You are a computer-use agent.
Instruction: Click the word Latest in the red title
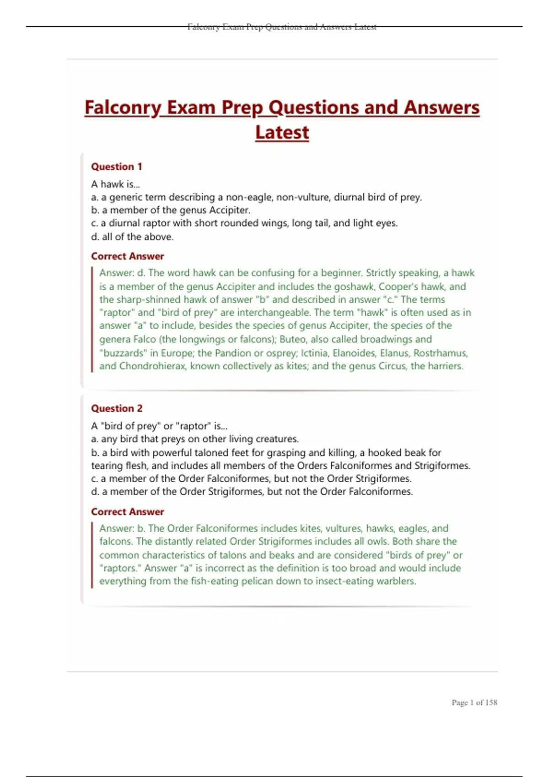tap(282, 133)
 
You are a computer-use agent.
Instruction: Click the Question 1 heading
tap(117, 166)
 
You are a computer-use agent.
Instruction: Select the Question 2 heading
tap(117, 408)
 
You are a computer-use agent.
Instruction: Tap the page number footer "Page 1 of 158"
tap(474, 702)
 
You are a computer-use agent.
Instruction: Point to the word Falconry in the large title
tap(123, 108)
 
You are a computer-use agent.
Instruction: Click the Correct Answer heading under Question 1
tap(127, 256)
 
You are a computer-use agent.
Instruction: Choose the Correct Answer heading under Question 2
tap(127, 511)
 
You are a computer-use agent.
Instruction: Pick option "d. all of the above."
tap(132, 237)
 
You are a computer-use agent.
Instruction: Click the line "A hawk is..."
tap(115, 184)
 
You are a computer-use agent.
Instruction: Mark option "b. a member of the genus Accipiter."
tap(171, 210)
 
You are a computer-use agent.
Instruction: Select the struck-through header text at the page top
tap(282, 27)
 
